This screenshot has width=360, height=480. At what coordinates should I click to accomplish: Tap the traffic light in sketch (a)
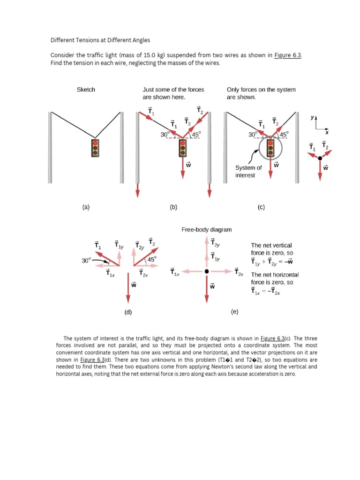96,148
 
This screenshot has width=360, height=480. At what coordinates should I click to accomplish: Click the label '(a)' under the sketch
85,207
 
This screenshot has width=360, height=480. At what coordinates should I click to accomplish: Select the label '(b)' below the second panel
173,207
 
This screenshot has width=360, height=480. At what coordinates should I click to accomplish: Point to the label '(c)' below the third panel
261,207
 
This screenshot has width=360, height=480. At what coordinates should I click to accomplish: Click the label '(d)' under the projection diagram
128,312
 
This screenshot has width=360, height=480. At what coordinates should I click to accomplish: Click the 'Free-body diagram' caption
206,230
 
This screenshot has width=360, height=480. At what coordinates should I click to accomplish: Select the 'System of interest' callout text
248,171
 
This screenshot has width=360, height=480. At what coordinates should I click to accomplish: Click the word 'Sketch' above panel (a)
86,89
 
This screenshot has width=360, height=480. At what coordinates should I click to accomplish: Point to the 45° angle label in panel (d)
152,259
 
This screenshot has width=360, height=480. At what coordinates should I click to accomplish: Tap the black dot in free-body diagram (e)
206,271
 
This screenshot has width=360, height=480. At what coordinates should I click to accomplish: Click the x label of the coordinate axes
328,132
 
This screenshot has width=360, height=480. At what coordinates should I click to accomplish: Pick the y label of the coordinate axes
311,119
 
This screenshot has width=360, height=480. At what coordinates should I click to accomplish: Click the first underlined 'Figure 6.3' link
288,55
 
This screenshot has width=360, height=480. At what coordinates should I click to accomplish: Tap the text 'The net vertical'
271,245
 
